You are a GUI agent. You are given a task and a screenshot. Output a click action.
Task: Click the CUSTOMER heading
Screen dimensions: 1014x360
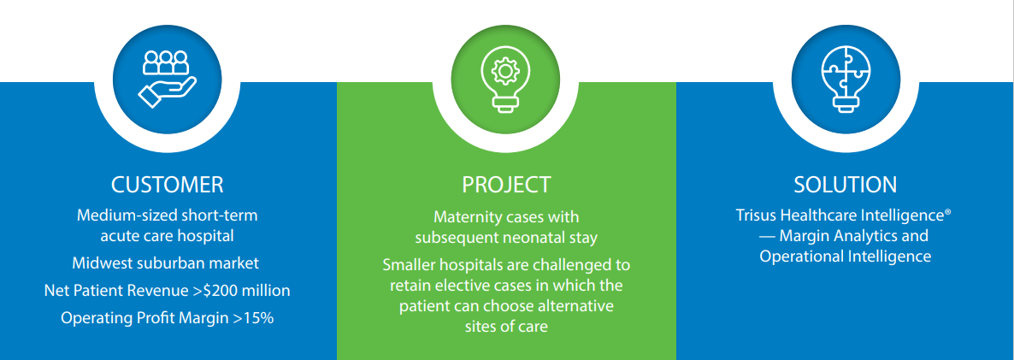click(x=168, y=186)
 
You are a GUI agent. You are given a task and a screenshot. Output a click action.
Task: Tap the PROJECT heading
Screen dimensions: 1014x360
click(x=506, y=186)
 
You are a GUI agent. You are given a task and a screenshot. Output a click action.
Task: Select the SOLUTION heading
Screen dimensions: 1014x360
click(x=846, y=186)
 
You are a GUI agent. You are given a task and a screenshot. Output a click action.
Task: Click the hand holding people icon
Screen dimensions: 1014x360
click(x=167, y=79)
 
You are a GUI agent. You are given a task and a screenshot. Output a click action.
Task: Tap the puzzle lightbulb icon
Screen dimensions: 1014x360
click(x=846, y=79)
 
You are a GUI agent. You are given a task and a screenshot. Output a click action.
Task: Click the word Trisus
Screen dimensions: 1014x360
click(x=755, y=215)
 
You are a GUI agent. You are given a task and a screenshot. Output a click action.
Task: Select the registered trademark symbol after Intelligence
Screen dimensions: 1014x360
click(x=946, y=210)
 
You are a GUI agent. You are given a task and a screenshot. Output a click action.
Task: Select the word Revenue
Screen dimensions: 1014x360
click(x=168, y=291)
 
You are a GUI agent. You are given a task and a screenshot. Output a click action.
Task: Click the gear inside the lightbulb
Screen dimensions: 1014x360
click(x=502, y=70)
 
